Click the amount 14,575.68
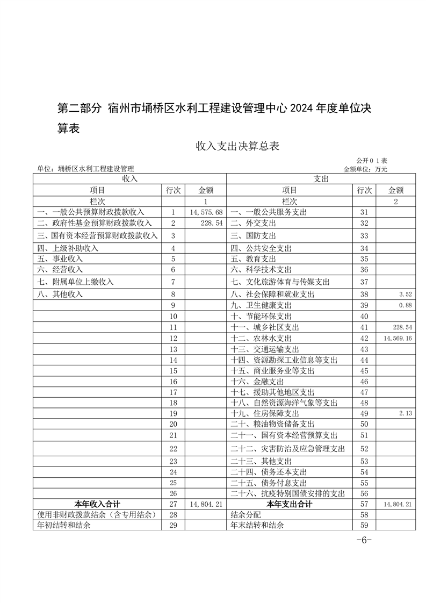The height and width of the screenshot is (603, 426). tap(206, 213)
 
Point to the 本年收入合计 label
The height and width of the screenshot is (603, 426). tap(97, 504)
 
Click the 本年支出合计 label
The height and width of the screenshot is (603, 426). tap(290, 504)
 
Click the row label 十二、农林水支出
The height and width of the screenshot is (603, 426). tap(261, 339)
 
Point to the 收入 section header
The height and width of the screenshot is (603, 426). tap(129, 178)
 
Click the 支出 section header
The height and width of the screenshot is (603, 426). tap(321, 178)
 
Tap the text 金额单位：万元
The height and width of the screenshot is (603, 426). tap(365, 169)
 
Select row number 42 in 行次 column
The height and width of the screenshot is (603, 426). tap(364, 339)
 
